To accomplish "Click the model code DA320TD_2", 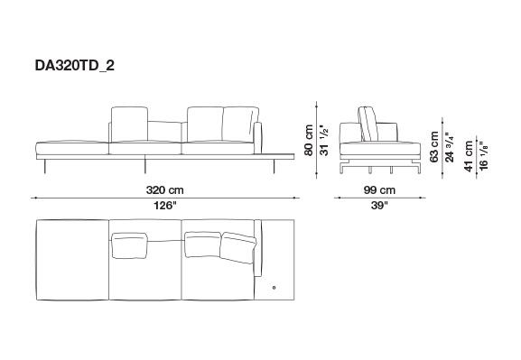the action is (74, 66).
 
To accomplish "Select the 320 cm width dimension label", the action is (165, 190).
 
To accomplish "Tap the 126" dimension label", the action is (165, 206).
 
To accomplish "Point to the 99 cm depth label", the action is (379, 190).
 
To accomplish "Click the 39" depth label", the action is (379, 206).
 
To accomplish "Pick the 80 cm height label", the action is (309, 140).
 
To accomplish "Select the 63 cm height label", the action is (434, 147).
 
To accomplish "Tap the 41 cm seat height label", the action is (469, 156).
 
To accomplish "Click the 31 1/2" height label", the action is (324, 140).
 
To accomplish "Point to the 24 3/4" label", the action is (450, 147).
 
